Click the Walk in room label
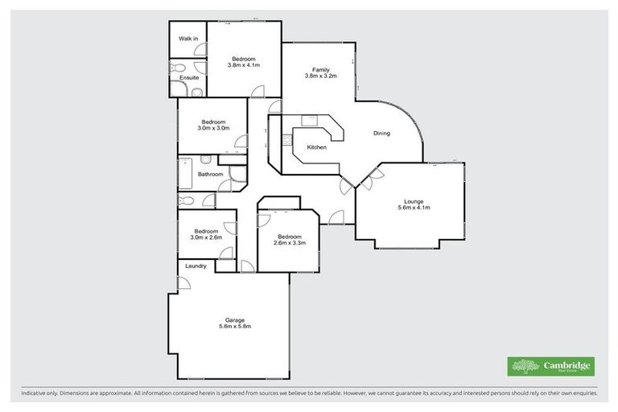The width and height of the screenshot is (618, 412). pyautogui.click(x=188, y=38)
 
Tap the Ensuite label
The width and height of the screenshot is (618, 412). pyautogui.click(x=189, y=77)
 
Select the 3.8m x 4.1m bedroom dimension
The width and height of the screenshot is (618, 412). pyautogui.click(x=244, y=65)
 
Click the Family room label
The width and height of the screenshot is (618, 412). pyautogui.click(x=320, y=70)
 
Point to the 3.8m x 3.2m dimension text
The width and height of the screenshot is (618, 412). pyautogui.click(x=320, y=76)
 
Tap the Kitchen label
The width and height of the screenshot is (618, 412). pyautogui.click(x=316, y=147)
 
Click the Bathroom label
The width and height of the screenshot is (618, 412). pyautogui.click(x=210, y=174)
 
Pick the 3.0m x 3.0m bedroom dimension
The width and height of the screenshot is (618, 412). pyautogui.click(x=213, y=128)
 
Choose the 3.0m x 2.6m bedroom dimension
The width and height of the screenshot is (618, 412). pyautogui.click(x=206, y=237)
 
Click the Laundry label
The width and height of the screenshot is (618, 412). pyautogui.click(x=196, y=266)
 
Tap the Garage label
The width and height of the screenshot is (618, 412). pyautogui.click(x=235, y=319)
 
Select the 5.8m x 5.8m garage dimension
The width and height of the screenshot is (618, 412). pyautogui.click(x=235, y=326)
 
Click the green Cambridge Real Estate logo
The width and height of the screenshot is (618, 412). pyautogui.click(x=550, y=366)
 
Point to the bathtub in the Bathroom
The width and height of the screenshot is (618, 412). pyautogui.click(x=185, y=174)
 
